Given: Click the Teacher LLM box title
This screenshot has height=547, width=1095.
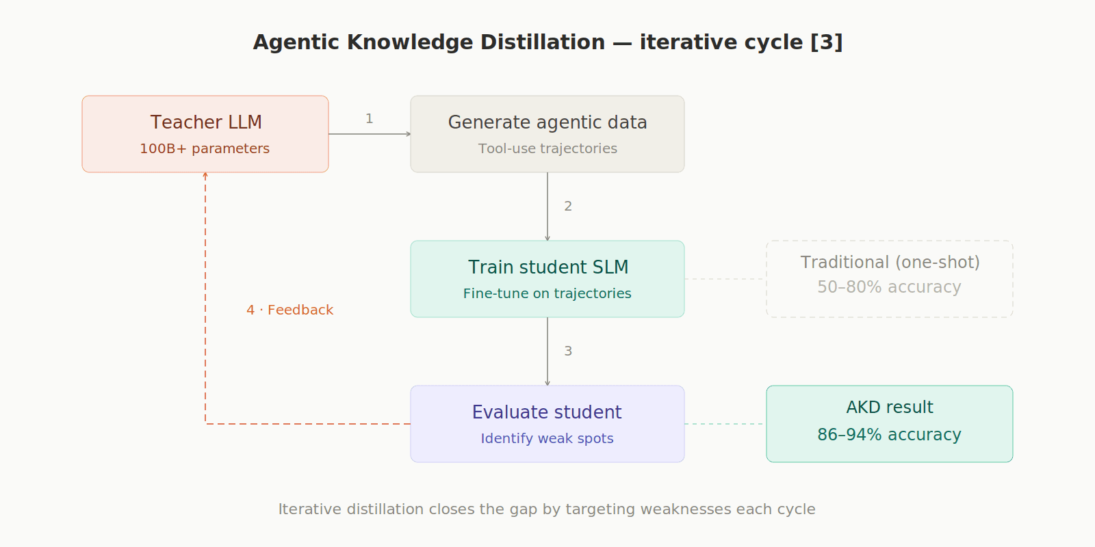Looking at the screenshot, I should pos(206,122).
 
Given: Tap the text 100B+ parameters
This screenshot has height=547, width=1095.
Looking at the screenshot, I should pos(205,148).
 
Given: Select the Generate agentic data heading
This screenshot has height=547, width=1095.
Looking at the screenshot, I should pos(547,122).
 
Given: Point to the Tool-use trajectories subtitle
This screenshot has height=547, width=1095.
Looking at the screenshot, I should pos(547,148).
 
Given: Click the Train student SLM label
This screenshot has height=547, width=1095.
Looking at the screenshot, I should pos(548,267).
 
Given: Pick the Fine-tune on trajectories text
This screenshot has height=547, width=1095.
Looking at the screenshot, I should pos(547,293).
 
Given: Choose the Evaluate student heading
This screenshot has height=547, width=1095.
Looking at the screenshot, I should pos(547,412).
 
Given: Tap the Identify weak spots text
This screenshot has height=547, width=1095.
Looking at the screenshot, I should pos(547,438).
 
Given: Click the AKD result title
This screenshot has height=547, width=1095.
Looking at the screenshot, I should pos(890,408).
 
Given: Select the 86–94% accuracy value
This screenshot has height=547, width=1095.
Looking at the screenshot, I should pos(889,435).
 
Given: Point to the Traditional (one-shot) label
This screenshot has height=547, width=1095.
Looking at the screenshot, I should pos(890,263).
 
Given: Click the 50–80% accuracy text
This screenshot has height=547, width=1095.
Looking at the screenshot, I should pos(889,287).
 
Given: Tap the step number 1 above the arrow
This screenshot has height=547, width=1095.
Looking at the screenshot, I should pos(370,119).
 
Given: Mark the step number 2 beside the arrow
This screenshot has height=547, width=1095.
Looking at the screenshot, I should pos(568,206).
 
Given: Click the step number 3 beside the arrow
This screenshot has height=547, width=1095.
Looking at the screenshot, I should pos(568,351).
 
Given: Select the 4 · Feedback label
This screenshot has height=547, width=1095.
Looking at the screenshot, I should pos(290,310).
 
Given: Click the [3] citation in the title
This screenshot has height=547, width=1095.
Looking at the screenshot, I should pos(827,42).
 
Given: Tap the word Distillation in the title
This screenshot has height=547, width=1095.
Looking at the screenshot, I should pos(543,42).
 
